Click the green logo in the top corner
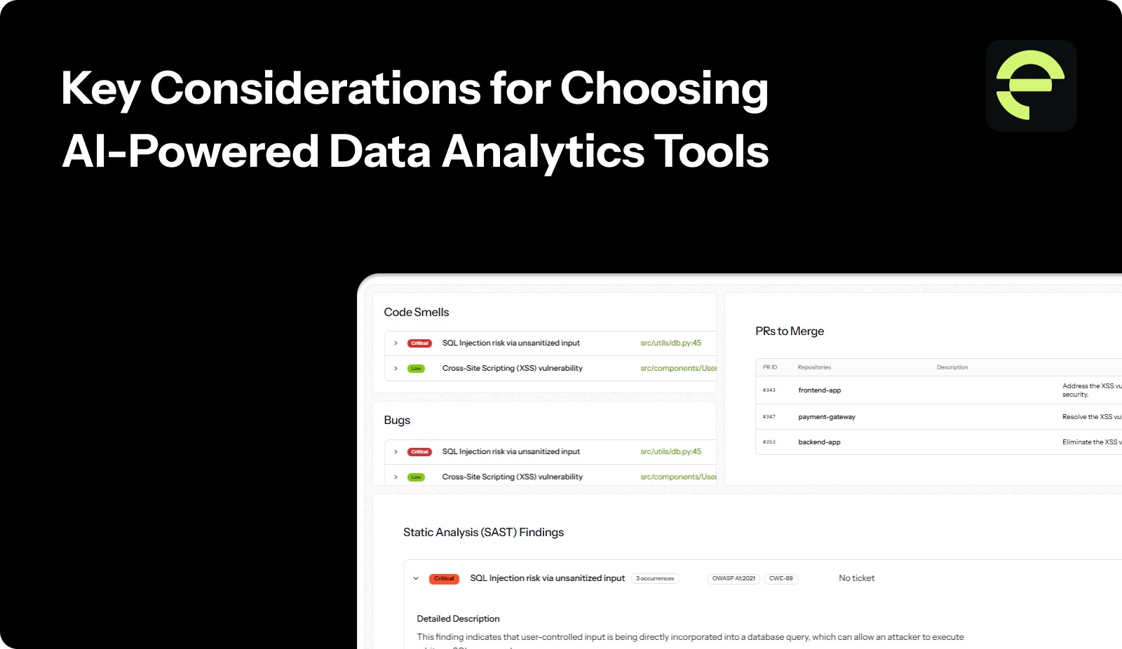1031,86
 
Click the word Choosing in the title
663,89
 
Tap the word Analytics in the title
543,152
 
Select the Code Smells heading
416,313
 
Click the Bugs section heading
397,421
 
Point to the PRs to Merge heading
789,332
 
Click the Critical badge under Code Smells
419,343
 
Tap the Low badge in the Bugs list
416,477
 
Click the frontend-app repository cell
819,390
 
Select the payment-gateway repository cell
826,417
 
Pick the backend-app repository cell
819,442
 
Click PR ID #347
769,417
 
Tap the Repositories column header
814,367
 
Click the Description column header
952,367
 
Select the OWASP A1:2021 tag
734,579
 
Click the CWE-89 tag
780,579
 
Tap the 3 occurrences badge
655,579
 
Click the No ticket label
856,578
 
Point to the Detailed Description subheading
458,619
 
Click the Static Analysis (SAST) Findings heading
483,533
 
